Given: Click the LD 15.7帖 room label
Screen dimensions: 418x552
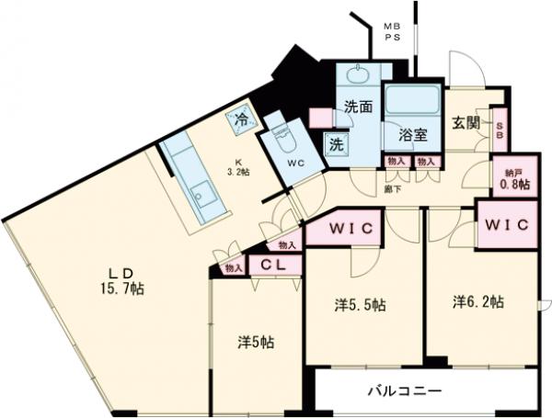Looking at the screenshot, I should pos(128,281).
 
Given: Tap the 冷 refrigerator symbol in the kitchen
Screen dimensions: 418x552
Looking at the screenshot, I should pos(241,118).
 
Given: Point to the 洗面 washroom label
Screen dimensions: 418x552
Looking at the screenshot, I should pos(358,107).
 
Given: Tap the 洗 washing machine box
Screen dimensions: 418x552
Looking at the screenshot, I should pos(338,143).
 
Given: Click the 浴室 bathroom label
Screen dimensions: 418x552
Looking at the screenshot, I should pos(411,135).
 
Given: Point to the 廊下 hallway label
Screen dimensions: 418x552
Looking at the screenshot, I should pos(393,188).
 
